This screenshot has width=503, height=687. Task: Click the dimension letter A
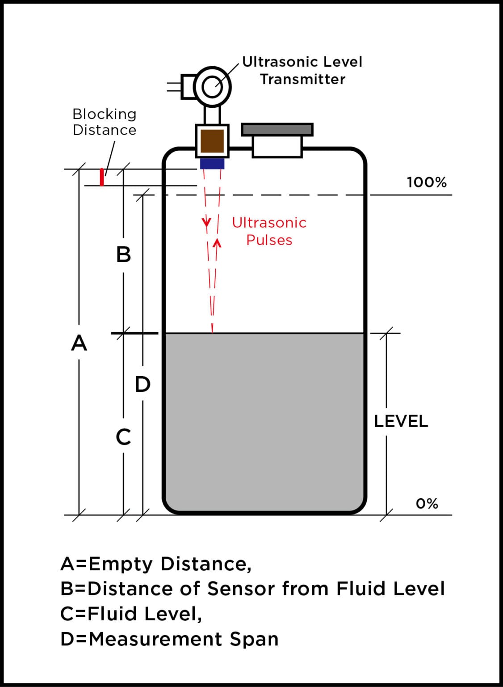(79, 343)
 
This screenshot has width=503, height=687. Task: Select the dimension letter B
(123, 254)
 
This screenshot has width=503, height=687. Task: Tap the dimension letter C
(123, 437)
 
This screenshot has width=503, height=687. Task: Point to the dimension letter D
(143, 384)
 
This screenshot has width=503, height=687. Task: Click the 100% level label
(426, 182)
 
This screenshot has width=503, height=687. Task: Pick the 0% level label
(427, 504)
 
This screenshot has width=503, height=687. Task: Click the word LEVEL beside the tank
(401, 421)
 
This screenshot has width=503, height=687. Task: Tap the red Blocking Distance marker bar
(102, 177)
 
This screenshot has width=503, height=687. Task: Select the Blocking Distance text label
(105, 122)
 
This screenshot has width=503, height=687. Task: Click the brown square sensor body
(212, 141)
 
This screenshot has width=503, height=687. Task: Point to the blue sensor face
(212, 163)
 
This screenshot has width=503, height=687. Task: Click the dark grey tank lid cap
(277, 130)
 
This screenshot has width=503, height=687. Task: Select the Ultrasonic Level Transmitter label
(302, 70)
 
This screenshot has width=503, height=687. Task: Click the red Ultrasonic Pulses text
(269, 231)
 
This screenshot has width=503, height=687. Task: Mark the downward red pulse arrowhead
(206, 222)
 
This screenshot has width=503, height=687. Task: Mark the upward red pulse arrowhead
(217, 243)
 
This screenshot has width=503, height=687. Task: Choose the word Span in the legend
(254, 639)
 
